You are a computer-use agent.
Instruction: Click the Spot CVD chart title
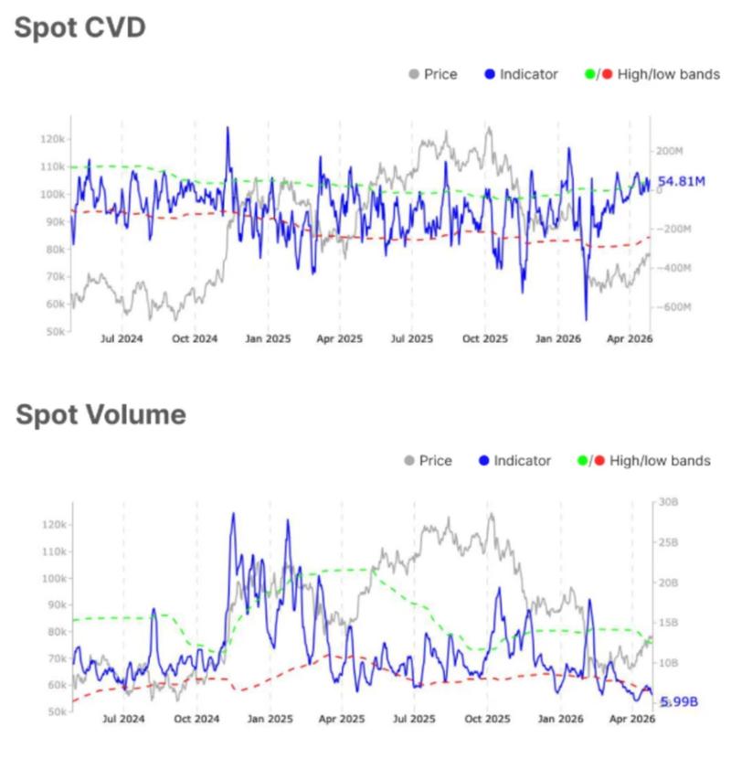[79, 27]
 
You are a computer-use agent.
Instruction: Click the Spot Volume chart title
[101, 414]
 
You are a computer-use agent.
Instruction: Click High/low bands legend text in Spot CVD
[668, 74]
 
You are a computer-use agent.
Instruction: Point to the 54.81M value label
[683, 182]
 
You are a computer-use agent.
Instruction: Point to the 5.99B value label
[679, 701]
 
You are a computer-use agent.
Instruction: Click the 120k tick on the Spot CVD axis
[53, 139]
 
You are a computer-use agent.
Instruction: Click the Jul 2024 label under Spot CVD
[122, 338]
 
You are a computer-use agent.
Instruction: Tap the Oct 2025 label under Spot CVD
[483, 338]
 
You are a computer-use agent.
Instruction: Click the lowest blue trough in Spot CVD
[586, 319]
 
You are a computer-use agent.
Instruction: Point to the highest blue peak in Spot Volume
[232, 513]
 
